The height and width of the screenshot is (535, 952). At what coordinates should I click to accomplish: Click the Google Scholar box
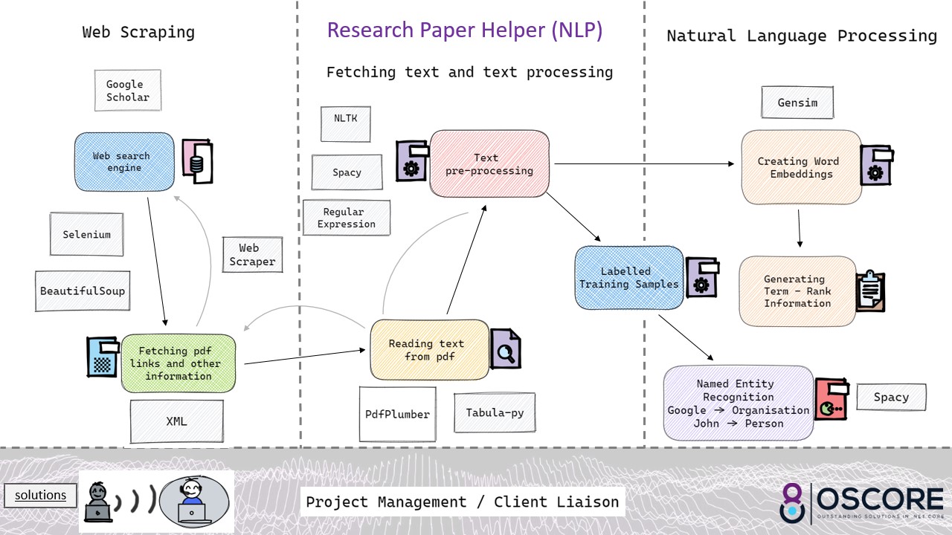[x=128, y=91]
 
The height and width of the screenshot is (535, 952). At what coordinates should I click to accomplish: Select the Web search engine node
[x=123, y=162]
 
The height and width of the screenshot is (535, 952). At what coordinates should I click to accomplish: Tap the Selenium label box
[x=86, y=235]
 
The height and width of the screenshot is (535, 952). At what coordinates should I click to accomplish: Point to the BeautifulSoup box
[x=83, y=291]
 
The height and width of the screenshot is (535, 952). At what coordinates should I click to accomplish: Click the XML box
[x=176, y=421]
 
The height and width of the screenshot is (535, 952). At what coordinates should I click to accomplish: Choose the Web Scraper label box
[x=252, y=255]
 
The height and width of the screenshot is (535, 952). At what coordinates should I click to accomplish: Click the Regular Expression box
[x=346, y=218]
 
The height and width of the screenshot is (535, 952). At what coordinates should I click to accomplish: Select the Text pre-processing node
[x=489, y=164]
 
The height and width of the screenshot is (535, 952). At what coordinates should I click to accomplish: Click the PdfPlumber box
[x=397, y=414]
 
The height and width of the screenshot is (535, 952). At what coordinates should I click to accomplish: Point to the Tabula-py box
[x=494, y=413]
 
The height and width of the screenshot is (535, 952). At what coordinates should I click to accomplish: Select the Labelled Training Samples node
[x=629, y=278]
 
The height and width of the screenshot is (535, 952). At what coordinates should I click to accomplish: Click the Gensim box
[x=797, y=103]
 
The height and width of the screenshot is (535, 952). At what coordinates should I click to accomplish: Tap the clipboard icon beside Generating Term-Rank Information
[x=869, y=291]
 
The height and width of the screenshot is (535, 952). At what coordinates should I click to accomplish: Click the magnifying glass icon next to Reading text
[x=505, y=349]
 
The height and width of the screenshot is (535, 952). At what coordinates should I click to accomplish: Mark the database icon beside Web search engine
[x=198, y=162]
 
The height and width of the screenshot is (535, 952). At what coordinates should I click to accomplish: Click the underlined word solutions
[x=41, y=495]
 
